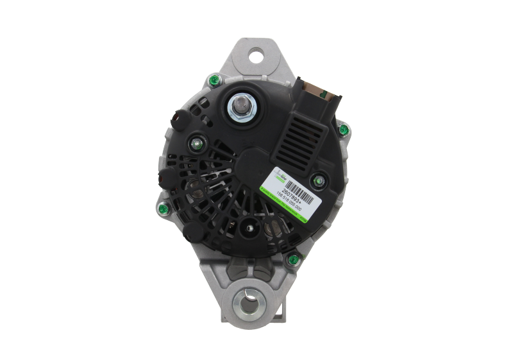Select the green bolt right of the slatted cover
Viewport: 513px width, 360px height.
click(344, 130)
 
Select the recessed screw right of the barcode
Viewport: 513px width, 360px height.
click(315, 180)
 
